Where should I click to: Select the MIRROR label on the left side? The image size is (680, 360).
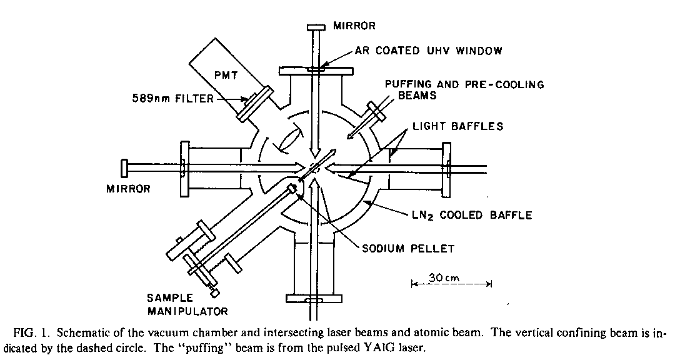pos(129,188)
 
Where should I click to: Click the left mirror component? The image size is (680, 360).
pos(125,167)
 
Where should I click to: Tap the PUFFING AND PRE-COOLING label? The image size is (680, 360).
pos(464,84)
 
